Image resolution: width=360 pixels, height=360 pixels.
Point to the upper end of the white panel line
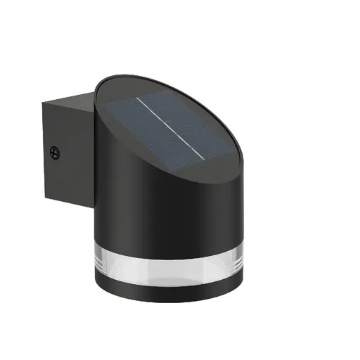tap(138, 98)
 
